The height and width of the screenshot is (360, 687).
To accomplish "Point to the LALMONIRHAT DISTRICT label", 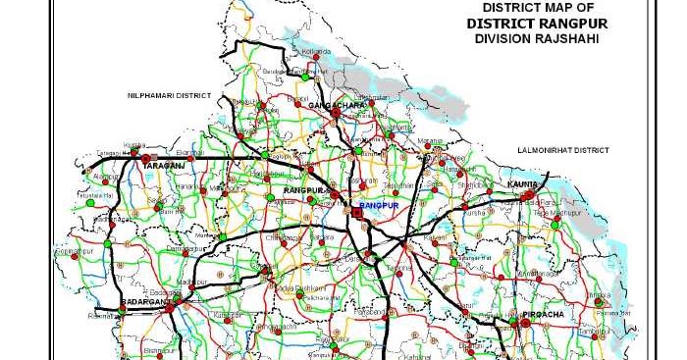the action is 564,150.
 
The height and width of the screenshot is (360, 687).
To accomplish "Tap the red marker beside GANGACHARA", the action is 335,113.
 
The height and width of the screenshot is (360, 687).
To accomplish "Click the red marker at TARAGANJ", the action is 146,158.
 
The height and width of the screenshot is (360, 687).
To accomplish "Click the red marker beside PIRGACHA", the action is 512,318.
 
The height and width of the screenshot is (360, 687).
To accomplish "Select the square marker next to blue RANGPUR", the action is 356,210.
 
